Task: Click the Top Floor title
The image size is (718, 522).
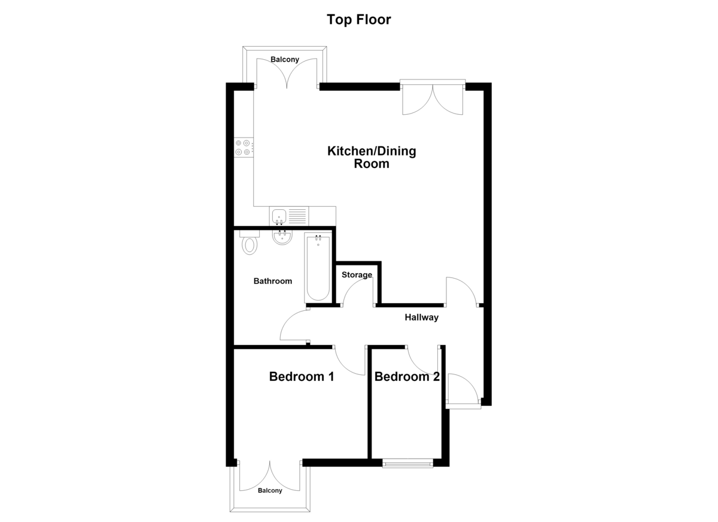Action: pyautogui.click(x=358, y=20)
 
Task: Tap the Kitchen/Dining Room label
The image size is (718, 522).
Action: pyautogui.click(x=372, y=157)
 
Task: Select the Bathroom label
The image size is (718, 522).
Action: pyautogui.click(x=273, y=281)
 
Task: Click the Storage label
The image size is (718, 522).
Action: pyautogui.click(x=357, y=275)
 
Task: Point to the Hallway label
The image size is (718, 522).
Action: pyautogui.click(x=421, y=318)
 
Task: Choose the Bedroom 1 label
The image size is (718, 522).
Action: pyautogui.click(x=302, y=377)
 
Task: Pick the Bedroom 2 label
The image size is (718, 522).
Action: pyautogui.click(x=407, y=377)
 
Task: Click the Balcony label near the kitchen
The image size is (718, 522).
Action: pyautogui.click(x=285, y=59)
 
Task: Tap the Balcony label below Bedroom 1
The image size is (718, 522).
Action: pyautogui.click(x=270, y=490)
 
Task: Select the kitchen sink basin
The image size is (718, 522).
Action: pyautogui.click(x=279, y=216)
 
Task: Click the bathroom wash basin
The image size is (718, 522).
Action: pyautogui.click(x=282, y=237)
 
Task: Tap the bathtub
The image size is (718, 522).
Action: pyautogui.click(x=318, y=267)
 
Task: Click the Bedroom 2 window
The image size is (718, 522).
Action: pyautogui.click(x=407, y=463)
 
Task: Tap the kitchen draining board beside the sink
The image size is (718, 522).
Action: pyautogui.click(x=298, y=216)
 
